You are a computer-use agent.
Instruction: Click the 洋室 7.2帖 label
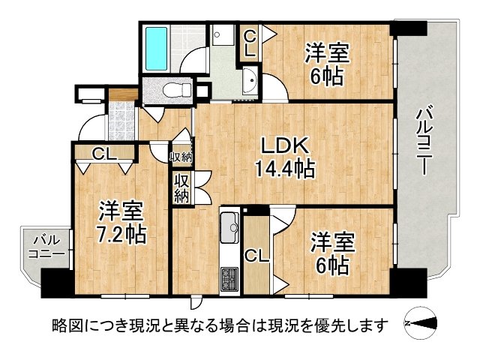coord(120,222)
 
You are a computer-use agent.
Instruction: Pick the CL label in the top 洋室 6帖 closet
coord(249,44)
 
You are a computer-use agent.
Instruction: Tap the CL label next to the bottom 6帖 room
coord(257,256)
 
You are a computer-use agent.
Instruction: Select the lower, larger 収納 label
coord(182,188)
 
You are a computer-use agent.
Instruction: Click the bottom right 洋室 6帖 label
coord(330,254)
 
